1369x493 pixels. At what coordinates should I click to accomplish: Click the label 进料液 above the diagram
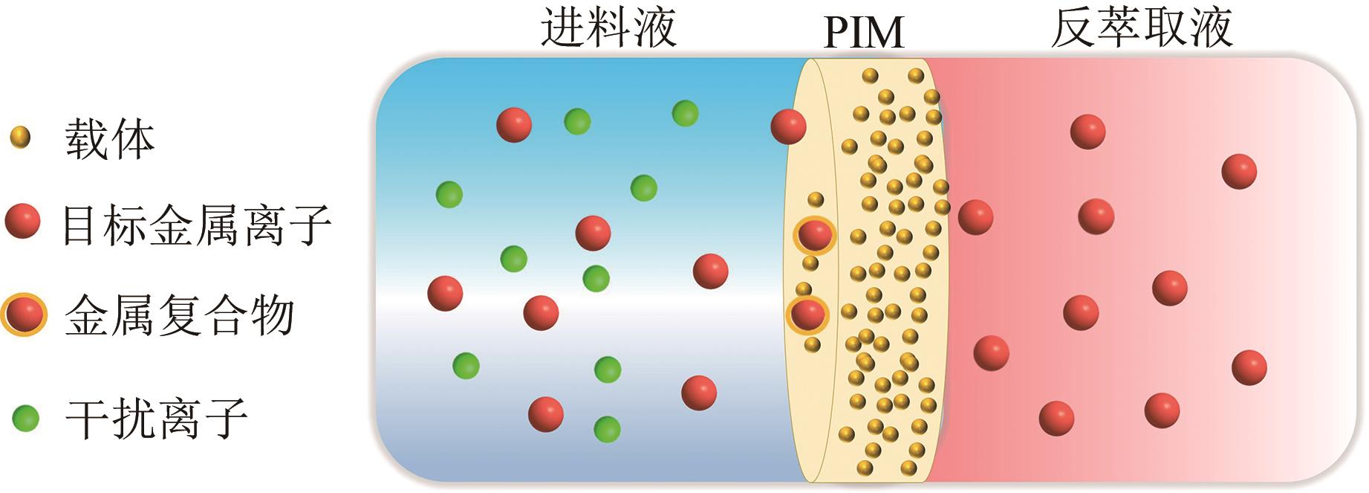click(608, 28)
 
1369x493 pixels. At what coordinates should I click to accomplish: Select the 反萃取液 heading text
click(1142, 28)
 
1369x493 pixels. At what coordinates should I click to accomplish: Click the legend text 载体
click(110, 139)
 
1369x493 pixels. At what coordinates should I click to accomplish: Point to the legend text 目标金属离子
click(196, 225)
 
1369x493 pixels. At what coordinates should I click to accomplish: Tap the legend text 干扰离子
click(156, 419)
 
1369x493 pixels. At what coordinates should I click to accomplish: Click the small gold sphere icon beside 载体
click(21, 138)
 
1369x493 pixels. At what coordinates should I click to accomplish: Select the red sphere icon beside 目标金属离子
click(22, 222)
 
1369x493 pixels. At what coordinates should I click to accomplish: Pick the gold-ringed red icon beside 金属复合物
click(24, 315)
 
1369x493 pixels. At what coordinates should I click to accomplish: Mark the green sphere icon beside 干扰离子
click(26, 418)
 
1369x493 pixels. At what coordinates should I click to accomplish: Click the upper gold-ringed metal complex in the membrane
click(815, 236)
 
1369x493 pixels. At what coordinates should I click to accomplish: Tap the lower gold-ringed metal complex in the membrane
click(807, 314)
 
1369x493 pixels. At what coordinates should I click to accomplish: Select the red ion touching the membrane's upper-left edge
click(788, 126)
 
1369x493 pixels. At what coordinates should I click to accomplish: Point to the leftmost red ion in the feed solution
click(445, 292)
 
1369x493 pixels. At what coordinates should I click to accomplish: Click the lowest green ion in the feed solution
click(607, 429)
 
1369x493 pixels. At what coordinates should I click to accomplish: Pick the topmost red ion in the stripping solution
click(1087, 132)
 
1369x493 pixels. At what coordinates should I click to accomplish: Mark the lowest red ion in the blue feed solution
click(545, 414)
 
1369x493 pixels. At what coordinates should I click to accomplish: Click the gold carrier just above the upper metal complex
click(816, 199)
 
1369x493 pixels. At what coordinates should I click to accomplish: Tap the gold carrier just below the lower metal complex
click(812, 344)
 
